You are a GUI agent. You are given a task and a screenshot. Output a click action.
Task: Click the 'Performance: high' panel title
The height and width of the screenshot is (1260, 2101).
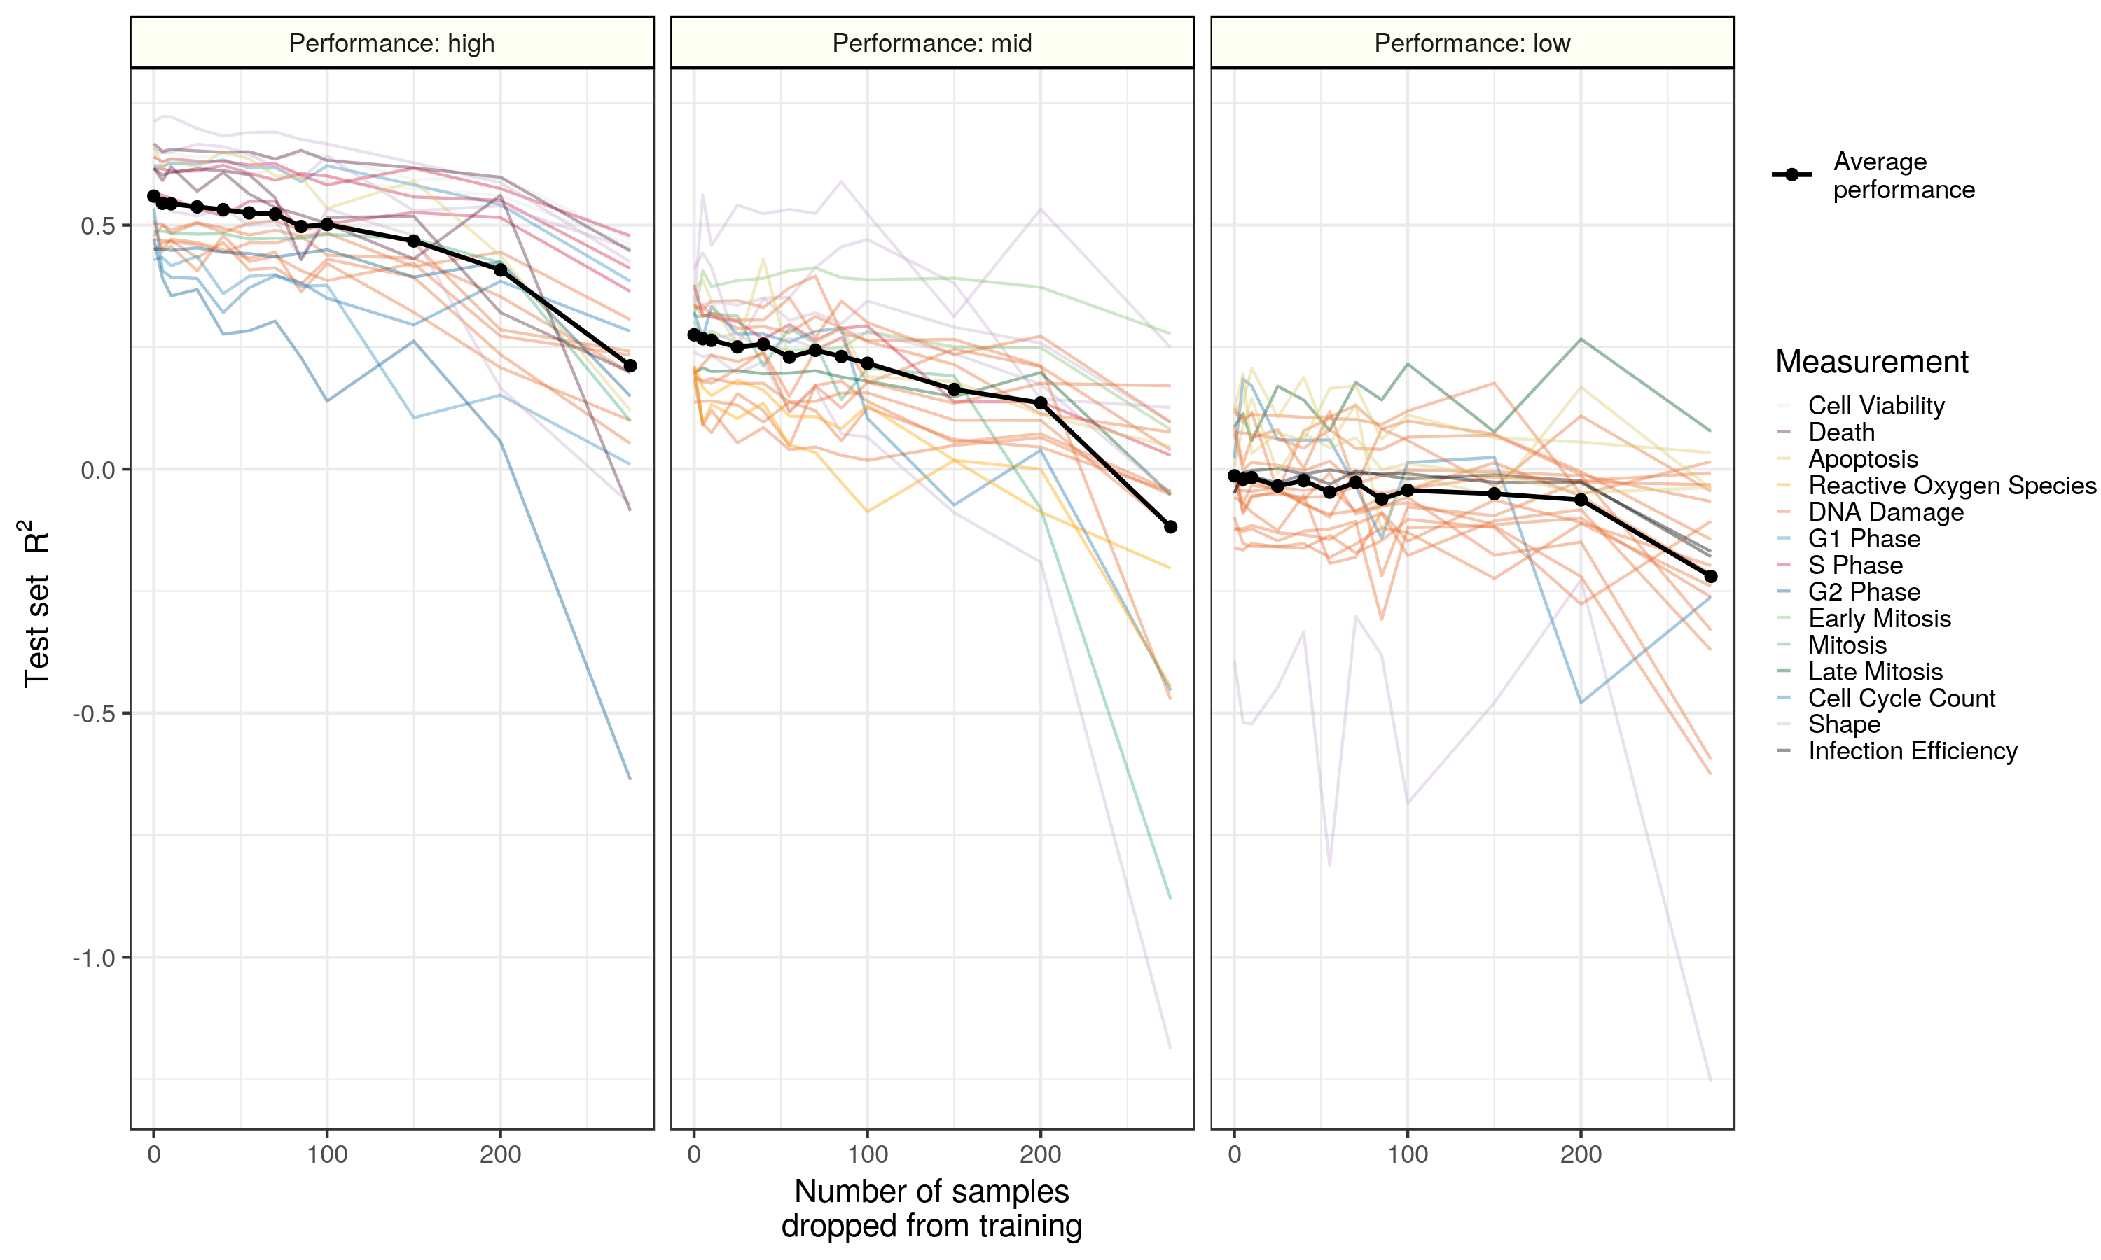[x=391, y=43]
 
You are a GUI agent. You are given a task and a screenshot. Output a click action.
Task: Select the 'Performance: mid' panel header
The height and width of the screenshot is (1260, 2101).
[x=931, y=43]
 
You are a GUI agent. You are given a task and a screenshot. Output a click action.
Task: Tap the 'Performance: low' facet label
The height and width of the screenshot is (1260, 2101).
[x=1471, y=43]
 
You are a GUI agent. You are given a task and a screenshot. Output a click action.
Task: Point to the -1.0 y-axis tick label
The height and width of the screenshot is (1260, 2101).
[x=93, y=958]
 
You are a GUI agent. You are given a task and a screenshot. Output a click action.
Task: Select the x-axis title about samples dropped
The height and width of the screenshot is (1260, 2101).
[x=931, y=1208]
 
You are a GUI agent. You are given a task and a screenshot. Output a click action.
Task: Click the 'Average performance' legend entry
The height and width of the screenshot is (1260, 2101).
[x=1902, y=175]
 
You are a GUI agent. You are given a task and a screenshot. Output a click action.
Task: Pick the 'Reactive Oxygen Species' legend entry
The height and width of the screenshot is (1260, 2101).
[x=1952, y=486]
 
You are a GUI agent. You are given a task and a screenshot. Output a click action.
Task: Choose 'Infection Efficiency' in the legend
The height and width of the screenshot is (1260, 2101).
[x=1912, y=751]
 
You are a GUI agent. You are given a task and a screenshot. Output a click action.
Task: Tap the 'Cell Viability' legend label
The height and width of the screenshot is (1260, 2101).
[x=1875, y=406]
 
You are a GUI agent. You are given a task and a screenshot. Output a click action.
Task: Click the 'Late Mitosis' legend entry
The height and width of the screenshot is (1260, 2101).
[x=1874, y=671]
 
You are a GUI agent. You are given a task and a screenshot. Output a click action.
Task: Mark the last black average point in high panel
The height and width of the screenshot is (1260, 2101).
[x=630, y=366]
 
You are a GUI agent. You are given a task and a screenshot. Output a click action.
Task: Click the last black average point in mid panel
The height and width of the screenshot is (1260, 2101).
[x=1170, y=527]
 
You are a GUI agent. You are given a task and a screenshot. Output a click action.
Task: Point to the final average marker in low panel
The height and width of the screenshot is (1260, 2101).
[x=1710, y=577]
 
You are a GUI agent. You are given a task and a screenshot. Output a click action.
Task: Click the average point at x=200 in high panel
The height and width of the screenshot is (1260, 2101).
[x=500, y=270]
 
